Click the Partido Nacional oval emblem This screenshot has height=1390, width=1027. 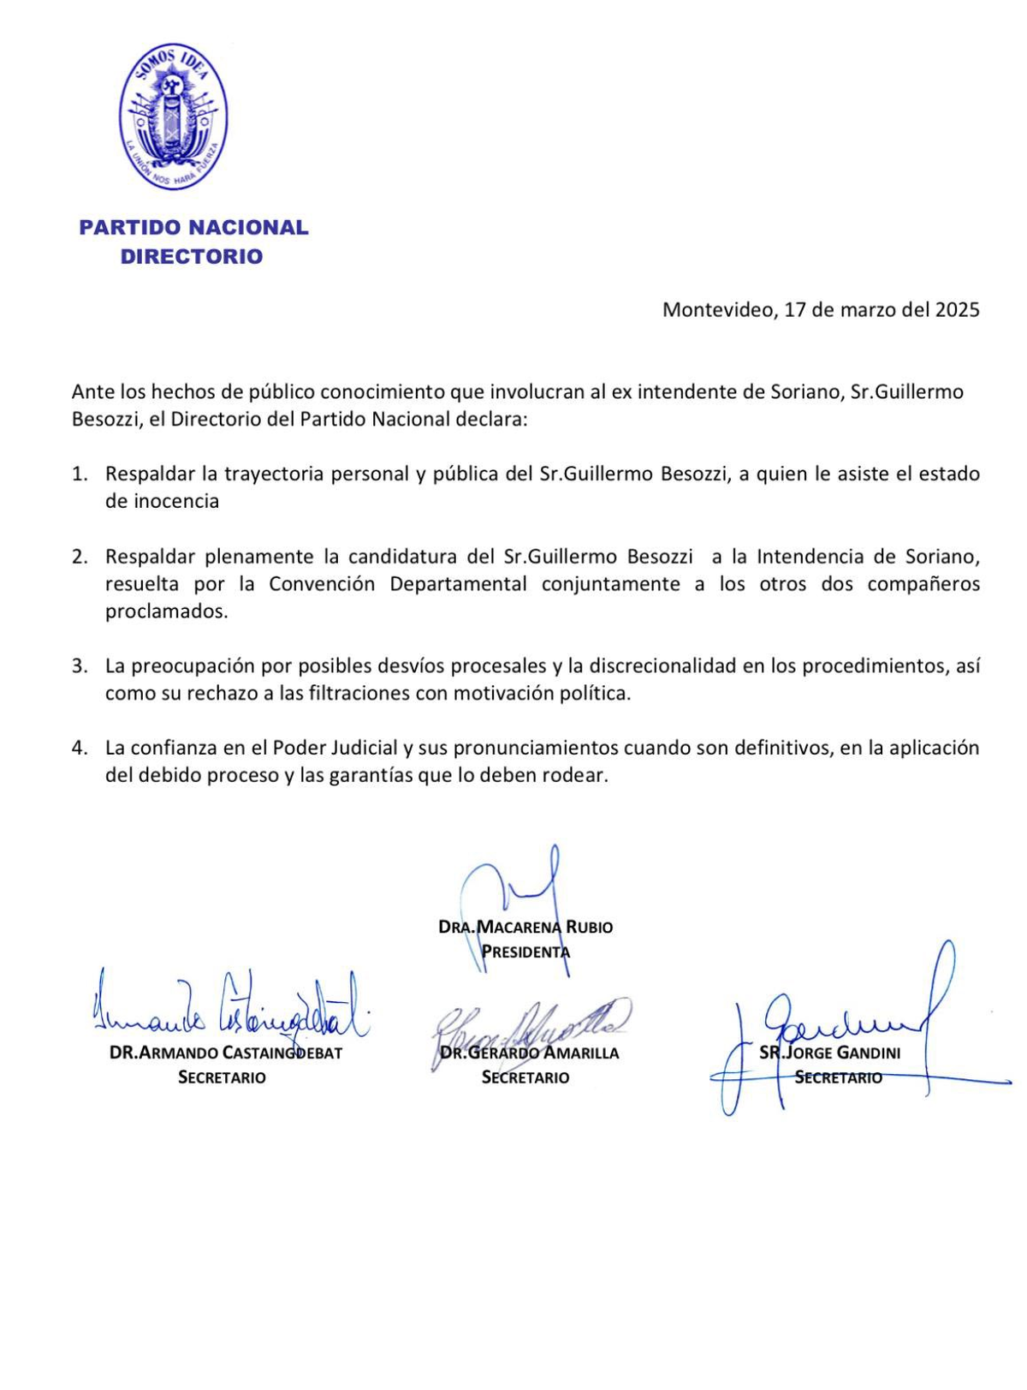(173, 116)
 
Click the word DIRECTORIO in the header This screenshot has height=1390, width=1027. (192, 257)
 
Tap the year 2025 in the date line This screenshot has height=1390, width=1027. (957, 310)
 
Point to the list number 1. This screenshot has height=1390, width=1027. (79, 474)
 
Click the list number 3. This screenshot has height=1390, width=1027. (79, 666)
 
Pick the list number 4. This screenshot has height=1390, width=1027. (79, 749)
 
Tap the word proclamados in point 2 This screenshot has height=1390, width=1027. (166, 612)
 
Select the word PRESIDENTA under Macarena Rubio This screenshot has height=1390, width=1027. (525, 952)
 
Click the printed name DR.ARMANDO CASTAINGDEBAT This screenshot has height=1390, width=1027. (226, 1053)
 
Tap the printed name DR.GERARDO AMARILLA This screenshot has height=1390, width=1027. (529, 1053)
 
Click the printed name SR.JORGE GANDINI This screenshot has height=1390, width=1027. (829, 1053)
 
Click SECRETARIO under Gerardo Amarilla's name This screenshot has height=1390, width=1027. (525, 1077)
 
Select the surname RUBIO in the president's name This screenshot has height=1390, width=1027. (590, 927)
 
